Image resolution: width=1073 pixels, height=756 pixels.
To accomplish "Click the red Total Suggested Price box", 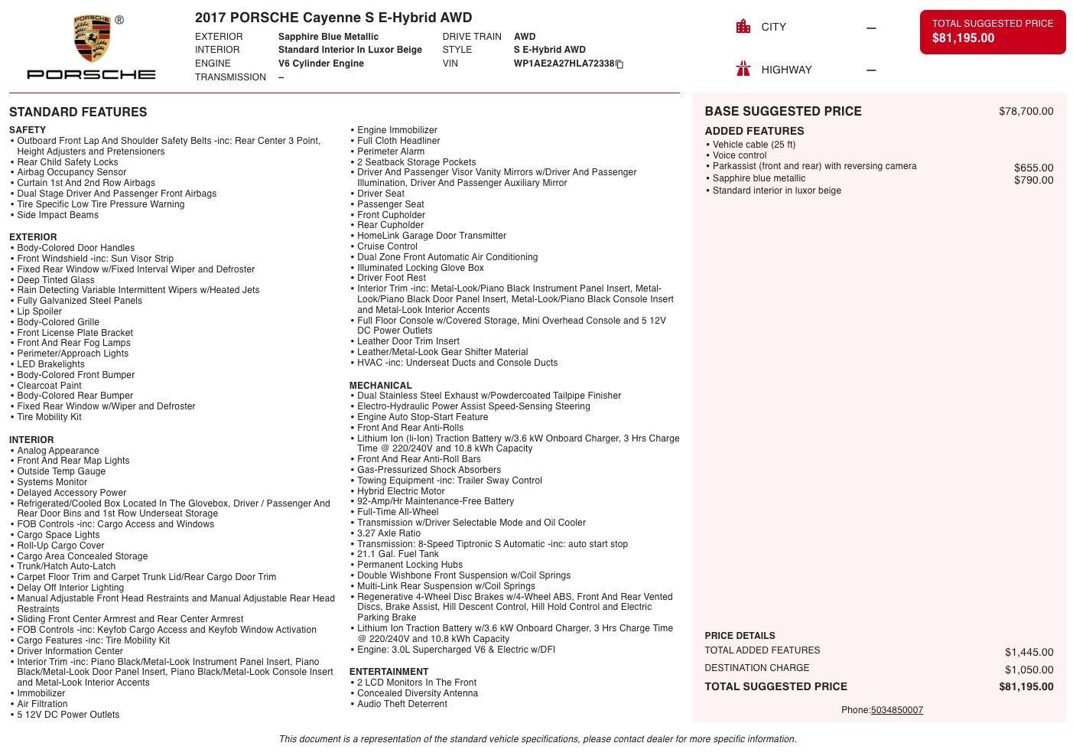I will pos(992,31).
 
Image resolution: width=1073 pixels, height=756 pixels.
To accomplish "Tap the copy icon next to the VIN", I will pos(619,64).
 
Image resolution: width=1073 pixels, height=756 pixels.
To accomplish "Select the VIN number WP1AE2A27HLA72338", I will pos(564,64).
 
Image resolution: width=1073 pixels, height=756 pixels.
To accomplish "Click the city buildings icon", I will pos(743,27).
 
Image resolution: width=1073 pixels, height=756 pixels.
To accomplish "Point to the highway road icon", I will pos(743,70).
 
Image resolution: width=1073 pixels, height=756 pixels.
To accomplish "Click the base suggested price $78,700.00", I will pos(1026,112).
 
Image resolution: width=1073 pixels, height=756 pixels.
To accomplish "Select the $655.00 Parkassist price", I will pos(1033,168).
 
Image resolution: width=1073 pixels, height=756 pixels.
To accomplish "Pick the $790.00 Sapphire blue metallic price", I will pos(1033,180).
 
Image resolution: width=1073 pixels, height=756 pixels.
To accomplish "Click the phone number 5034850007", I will pos(896,710).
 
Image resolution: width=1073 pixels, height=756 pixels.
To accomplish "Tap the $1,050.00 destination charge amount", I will pos(1029,670).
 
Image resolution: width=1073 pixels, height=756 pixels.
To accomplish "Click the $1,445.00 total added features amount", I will pos(1029,652).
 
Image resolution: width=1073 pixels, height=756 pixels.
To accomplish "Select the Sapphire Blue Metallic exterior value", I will pos(328,37).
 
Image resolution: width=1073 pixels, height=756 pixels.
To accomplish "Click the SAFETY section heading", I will pos(28,130).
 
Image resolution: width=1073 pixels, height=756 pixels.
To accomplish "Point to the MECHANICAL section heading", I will pos(380,386).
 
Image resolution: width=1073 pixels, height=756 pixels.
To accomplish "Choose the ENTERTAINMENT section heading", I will pos(389,672).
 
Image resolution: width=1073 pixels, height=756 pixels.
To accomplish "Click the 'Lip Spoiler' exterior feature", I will pos(40,311).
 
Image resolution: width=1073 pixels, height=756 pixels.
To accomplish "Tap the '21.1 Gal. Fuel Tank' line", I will pos(398,554).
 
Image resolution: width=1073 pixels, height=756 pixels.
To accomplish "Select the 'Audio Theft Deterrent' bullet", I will pos(402,704).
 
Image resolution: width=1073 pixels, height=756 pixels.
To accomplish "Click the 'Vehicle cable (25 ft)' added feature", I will pos(753,145).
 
